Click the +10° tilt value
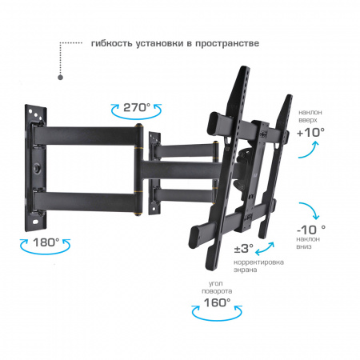click(x=310, y=132)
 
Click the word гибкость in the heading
click(x=112, y=43)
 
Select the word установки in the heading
click(x=163, y=43)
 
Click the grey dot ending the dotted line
click(x=61, y=78)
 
